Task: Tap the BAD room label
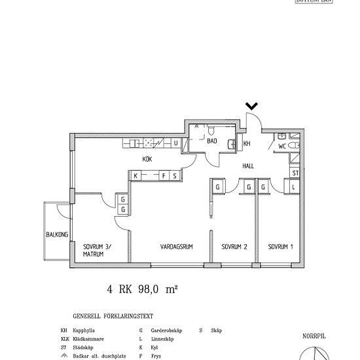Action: pyautogui.click(x=212, y=141)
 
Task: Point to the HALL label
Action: pyautogui.click(x=249, y=166)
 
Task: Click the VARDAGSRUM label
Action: pyautogui.click(x=174, y=247)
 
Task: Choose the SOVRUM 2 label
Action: pyautogui.click(x=234, y=247)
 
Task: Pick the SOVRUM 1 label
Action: pyautogui.click(x=280, y=247)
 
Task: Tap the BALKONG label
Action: pyautogui.click(x=56, y=235)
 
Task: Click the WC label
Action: pyautogui.click(x=282, y=146)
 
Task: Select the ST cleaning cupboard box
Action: pyautogui.click(x=295, y=173)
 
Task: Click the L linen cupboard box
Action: pyautogui.click(x=294, y=187)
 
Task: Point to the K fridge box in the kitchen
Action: pyautogui.click(x=135, y=175)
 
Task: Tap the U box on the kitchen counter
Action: pyautogui.click(x=175, y=143)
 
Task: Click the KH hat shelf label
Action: pyautogui.click(x=247, y=143)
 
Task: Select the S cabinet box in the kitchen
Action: pyautogui.click(x=174, y=175)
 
